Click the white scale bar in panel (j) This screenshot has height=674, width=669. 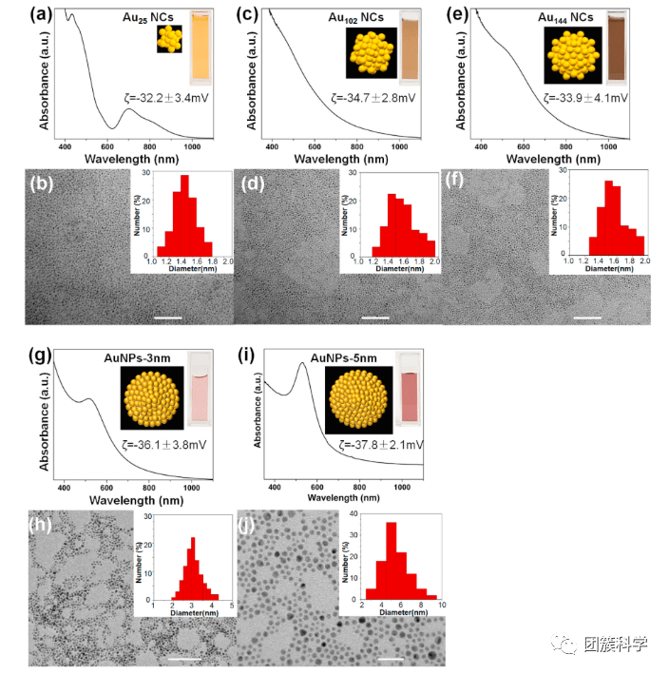coord(389,655)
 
